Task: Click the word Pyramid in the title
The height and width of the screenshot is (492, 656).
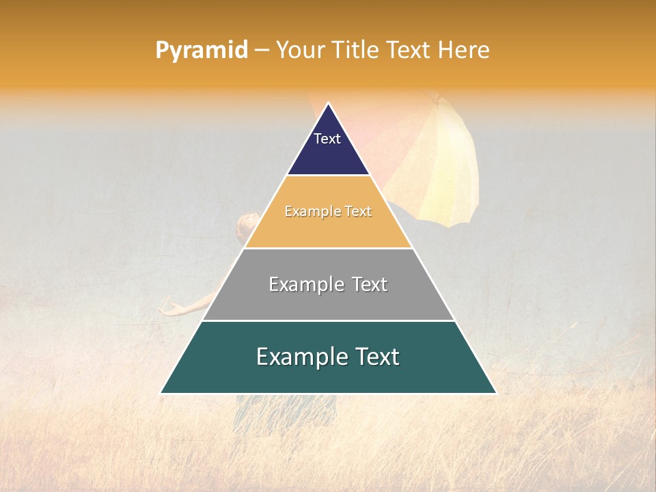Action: pos(202,51)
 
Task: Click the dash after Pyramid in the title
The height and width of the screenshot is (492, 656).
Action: pos(262,51)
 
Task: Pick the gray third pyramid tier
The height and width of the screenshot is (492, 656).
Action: pos(328,301)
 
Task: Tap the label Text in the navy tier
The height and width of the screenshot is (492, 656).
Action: pos(327,139)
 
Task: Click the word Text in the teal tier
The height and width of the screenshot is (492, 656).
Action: pos(376,357)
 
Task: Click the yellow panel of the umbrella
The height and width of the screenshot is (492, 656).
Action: pos(448,164)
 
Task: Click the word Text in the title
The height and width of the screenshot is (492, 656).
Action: pos(407,50)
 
